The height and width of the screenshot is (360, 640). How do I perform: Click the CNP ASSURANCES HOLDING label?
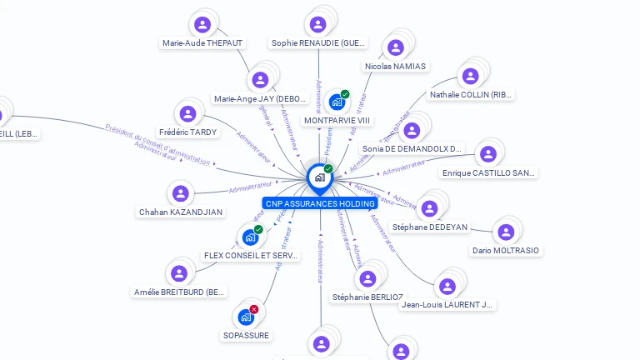click(x=319, y=203)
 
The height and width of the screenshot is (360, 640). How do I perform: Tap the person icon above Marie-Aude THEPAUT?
click(x=202, y=24)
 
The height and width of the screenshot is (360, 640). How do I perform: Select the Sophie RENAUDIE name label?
click(x=319, y=43)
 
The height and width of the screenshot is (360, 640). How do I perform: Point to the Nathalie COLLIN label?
click(x=471, y=95)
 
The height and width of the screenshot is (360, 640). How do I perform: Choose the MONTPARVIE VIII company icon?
click(x=337, y=102)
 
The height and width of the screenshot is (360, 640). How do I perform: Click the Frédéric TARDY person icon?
click(x=187, y=114)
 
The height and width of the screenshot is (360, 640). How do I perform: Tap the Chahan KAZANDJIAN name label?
click(x=181, y=212)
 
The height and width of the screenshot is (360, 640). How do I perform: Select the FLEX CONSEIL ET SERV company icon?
click(x=250, y=237)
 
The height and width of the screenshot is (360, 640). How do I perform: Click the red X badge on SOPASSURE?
click(x=254, y=309)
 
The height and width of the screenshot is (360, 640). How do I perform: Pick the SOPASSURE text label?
click(x=246, y=335)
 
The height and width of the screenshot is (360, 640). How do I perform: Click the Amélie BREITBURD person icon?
click(x=179, y=273)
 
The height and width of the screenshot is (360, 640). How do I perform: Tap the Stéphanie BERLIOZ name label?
click(x=367, y=297)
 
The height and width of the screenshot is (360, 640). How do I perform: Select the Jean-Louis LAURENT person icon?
click(x=447, y=286)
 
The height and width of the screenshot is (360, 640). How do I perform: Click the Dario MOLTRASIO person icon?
click(x=505, y=232)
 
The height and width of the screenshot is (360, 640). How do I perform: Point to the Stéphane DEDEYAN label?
click(x=430, y=227)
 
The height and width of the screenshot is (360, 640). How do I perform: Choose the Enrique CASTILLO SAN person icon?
click(x=488, y=154)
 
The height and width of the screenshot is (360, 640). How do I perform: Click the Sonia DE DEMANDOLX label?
click(x=412, y=149)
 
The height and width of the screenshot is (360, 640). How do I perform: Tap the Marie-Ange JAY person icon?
click(x=261, y=80)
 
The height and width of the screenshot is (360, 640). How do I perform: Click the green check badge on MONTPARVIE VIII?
click(x=345, y=94)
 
